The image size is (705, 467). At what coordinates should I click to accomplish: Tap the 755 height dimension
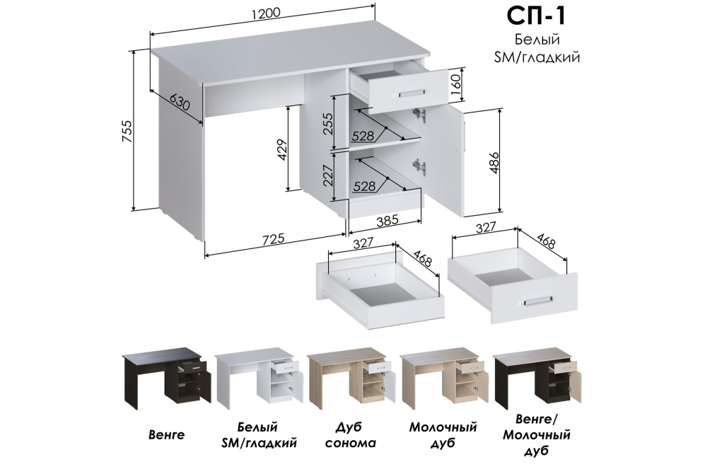[127, 131]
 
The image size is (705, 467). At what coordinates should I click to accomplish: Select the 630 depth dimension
[178, 103]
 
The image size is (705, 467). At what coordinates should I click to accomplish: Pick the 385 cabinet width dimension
[387, 220]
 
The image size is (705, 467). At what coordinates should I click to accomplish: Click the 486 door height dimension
[494, 163]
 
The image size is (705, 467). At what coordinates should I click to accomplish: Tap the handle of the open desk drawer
[412, 93]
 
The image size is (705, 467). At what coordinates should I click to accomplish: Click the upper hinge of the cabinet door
[420, 115]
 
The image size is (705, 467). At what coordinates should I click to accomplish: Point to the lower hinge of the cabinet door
[420, 166]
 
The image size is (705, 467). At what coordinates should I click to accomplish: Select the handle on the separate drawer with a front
[537, 301]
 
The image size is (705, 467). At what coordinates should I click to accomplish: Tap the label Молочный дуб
[443, 434]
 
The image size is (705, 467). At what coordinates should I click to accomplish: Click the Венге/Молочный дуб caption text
[537, 434]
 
